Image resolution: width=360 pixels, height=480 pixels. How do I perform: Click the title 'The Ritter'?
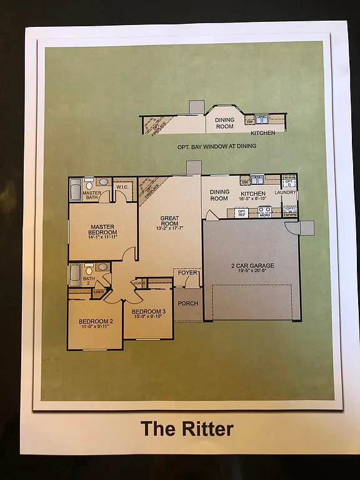click(x=187, y=429)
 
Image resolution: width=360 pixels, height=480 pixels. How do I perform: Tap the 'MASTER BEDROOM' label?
click(x=104, y=230)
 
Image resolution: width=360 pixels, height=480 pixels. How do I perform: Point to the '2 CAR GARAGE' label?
click(x=249, y=266)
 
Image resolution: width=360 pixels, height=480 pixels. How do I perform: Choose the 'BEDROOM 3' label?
click(x=149, y=311)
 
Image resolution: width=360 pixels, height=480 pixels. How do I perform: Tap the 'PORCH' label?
click(x=188, y=304)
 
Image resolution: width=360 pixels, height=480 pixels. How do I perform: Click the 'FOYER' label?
click(x=187, y=272)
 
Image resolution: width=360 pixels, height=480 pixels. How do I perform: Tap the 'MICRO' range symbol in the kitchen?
click(x=264, y=213)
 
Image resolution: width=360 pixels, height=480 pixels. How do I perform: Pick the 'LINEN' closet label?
click(x=99, y=291)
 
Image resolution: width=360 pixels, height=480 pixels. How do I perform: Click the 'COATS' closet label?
click(x=139, y=282)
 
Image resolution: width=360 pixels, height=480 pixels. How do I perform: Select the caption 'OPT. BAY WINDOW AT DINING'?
click(x=217, y=146)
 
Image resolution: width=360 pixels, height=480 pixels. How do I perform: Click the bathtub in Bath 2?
click(x=75, y=274)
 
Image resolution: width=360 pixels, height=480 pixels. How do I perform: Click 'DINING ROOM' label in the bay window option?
click(x=224, y=123)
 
